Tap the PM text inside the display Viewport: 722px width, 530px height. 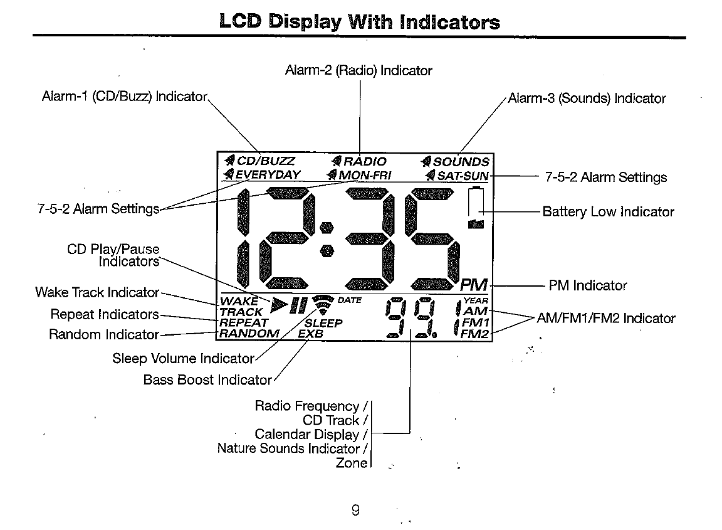(474, 286)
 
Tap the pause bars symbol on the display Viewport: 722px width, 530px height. (298, 306)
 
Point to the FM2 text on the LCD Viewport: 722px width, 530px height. (474, 334)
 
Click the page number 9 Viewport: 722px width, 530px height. (355, 511)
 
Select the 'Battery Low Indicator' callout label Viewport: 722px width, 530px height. (608, 212)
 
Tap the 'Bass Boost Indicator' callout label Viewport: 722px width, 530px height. (207, 380)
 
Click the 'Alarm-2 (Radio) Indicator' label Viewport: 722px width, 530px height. (358, 70)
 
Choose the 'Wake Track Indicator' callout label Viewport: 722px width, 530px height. (97, 292)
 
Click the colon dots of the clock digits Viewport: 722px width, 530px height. (326, 239)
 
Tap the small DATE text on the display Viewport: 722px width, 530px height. (349, 300)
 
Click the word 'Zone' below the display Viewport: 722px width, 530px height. (351, 463)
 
